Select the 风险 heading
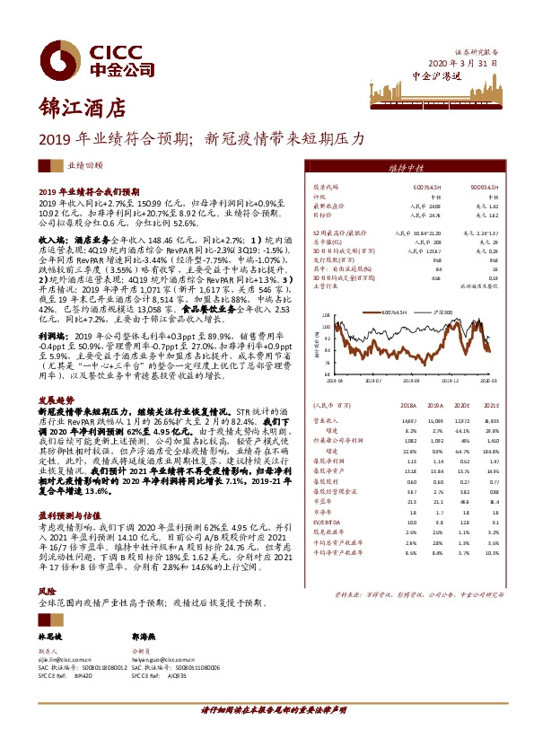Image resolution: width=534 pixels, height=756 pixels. [x=46, y=567]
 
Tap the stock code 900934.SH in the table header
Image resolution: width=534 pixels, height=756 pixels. [x=485, y=186]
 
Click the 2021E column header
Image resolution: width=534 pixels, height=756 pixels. [x=490, y=404]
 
